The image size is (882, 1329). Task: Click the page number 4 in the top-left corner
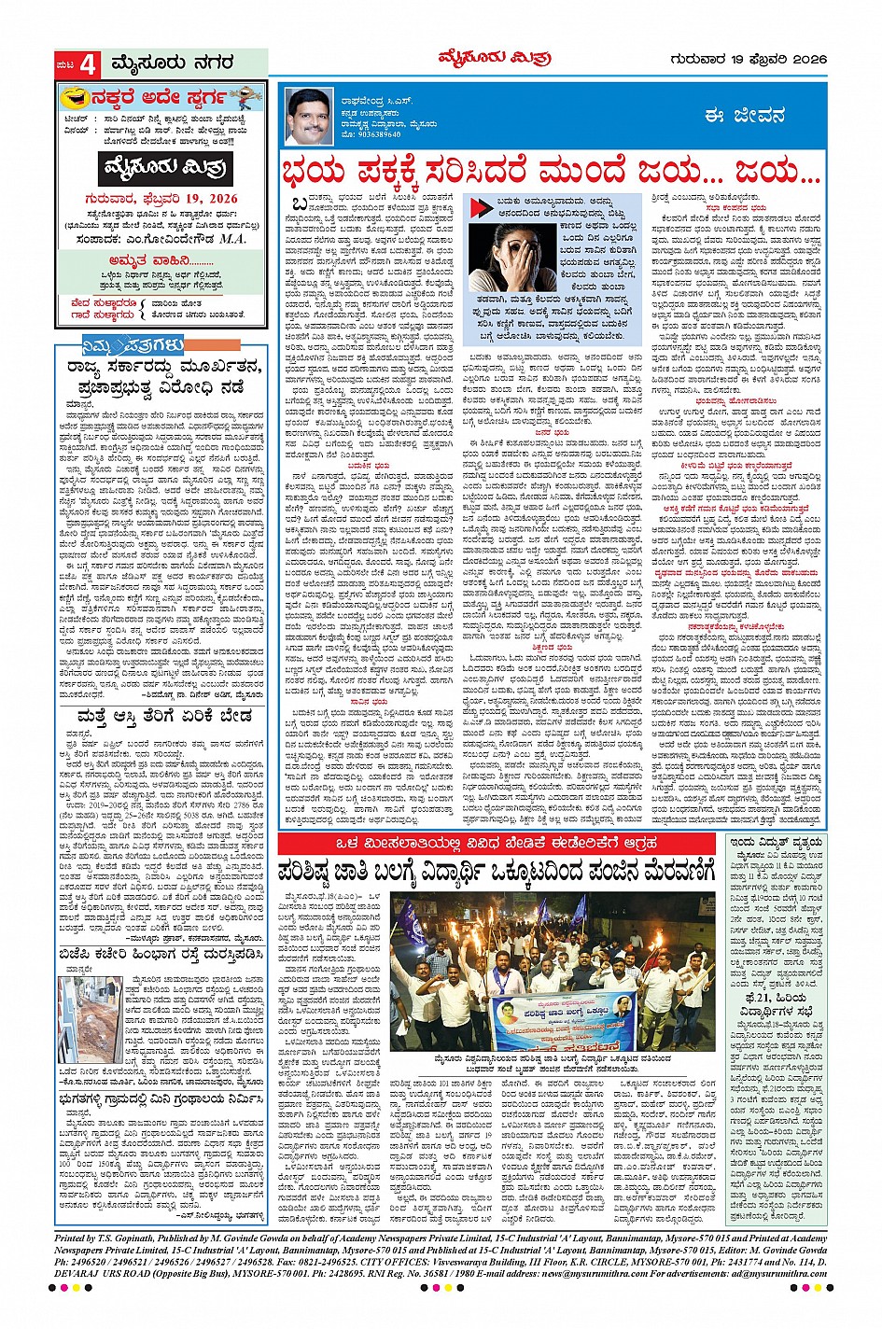pyautogui.click(x=88, y=64)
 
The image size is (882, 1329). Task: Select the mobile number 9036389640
pyautogui.click(x=371, y=134)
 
